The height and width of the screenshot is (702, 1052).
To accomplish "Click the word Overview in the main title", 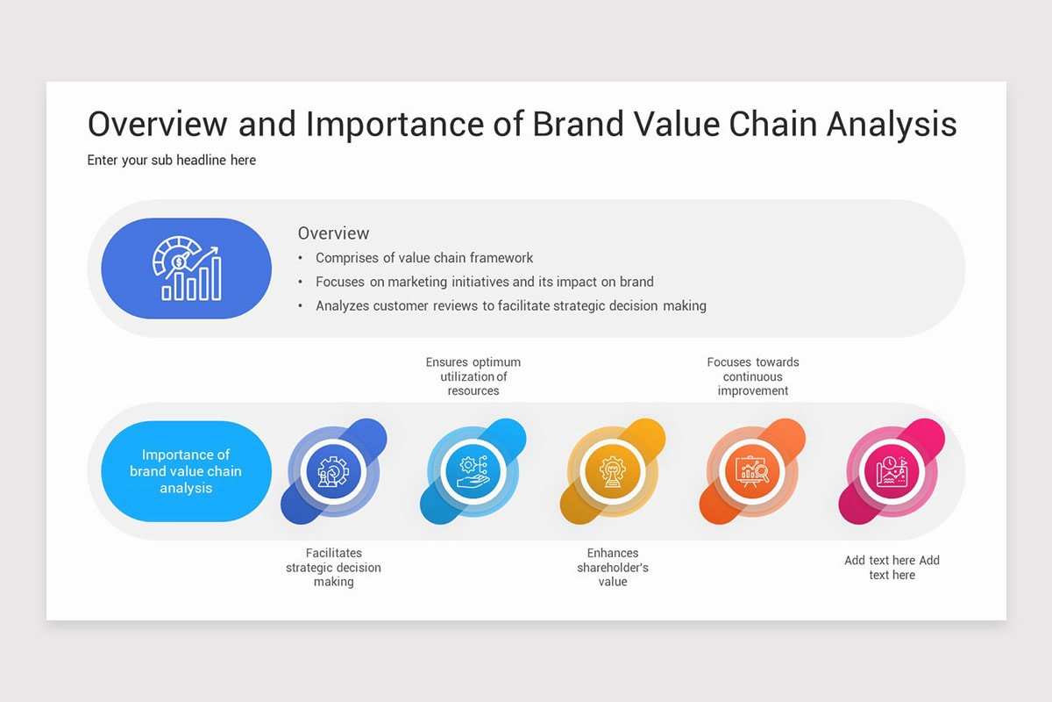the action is tap(157, 124).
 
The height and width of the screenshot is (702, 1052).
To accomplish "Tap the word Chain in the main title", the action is tap(772, 124).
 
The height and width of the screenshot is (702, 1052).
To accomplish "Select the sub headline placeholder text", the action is tap(172, 161).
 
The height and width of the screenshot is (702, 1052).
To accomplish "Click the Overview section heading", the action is tap(333, 233).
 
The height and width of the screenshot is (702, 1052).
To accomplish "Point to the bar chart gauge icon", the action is tap(187, 268).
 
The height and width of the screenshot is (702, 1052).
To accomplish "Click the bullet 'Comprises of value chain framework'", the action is tap(424, 258).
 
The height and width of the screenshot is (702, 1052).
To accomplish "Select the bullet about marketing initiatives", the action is tap(484, 282).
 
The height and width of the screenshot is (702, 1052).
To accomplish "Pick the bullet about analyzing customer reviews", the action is tap(511, 305).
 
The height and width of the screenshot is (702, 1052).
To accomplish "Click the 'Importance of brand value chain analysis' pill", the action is tap(187, 471).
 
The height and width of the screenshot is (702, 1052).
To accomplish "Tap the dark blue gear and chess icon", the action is tap(333, 471).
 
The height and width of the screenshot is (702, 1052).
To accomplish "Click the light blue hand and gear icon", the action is tap(473, 471).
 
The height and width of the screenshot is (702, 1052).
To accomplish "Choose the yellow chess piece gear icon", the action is tap(613, 471).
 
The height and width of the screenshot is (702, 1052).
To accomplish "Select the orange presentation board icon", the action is tap(752, 471).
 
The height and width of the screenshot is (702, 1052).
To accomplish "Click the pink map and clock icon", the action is tap(892, 471).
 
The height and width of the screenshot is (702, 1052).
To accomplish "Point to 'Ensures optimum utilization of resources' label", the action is tap(473, 376).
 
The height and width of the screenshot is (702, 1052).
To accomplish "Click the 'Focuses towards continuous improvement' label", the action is tap(753, 376).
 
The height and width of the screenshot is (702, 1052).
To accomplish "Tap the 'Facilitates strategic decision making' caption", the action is tap(333, 567).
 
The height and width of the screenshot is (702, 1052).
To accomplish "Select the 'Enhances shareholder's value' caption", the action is tap(613, 567).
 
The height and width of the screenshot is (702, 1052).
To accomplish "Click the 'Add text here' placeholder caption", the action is tap(892, 568).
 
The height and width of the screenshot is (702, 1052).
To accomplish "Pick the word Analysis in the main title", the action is tap(892, 124).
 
